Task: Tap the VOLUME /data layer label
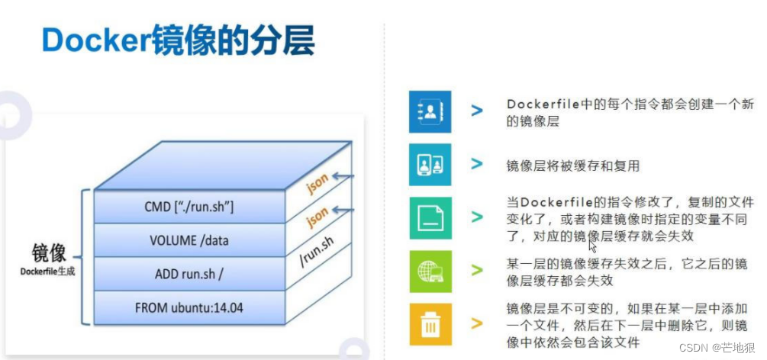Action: coord(189,241)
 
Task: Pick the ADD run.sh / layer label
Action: coord(189,275)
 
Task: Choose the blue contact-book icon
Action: coord(430,112)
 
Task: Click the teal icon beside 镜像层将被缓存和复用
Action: coord(430,165)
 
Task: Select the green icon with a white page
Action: coord(430,218)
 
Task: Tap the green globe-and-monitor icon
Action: coord(430,271)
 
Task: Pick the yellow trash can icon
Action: coord(430,324)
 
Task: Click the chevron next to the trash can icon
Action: coord(477,323)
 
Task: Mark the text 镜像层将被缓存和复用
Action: coord(572,166)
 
